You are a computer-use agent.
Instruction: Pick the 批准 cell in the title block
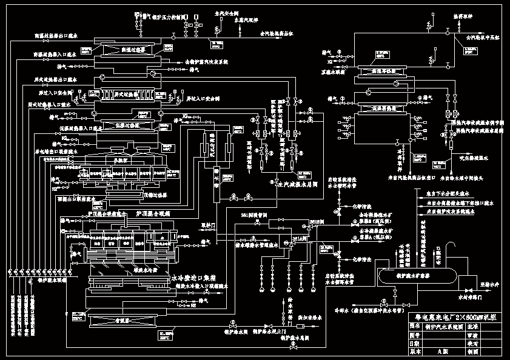click(471, 326)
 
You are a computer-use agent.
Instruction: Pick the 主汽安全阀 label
click(226, 11)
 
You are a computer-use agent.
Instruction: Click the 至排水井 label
click(486, 282)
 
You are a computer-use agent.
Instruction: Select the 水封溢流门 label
click(468, 297)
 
